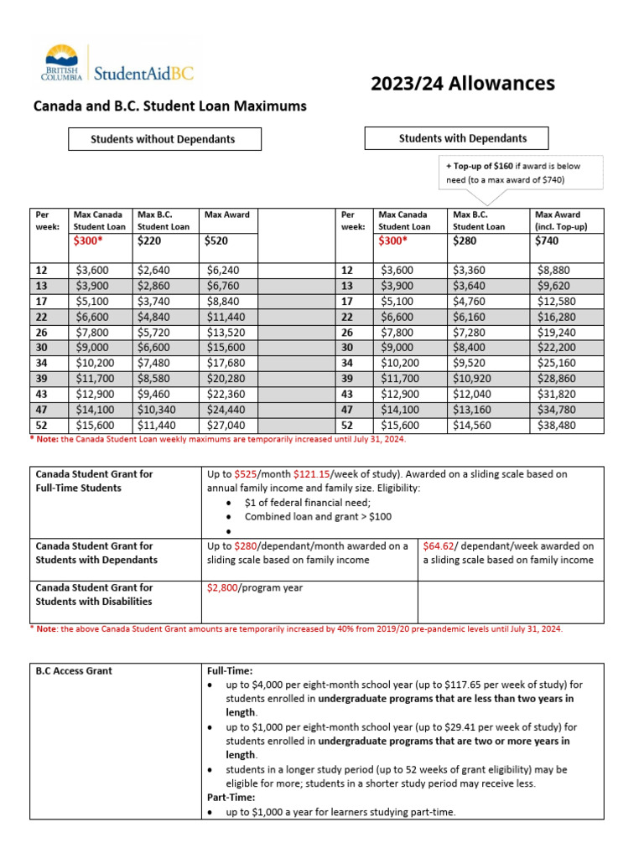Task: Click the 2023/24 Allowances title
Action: point(463,84)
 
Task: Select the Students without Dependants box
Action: point(164,139)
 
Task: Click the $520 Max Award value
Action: point(216,240)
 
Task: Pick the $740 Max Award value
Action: point(547,240)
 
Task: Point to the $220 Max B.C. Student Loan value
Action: point(148,240)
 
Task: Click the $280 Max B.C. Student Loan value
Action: point(465,240)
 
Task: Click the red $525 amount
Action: point(244,474)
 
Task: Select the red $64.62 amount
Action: point(440,545)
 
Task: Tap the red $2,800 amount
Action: point(222,588)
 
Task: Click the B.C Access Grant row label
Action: point(74,671)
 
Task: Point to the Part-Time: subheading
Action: point(231,798)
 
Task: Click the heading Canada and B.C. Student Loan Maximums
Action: point(169,106)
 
